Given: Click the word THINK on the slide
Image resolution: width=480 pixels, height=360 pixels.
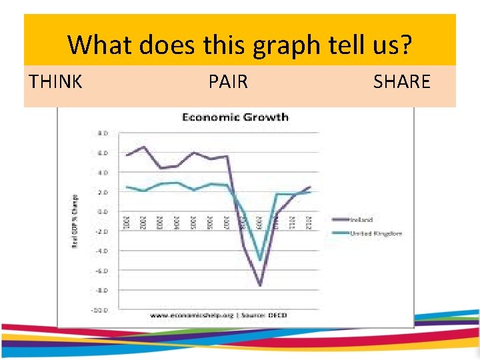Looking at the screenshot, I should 56,82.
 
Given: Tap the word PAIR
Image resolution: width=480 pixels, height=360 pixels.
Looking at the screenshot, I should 228,82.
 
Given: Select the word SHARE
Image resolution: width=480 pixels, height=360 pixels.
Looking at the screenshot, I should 402,82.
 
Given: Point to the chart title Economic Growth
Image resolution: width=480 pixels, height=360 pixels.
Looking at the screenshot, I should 235,117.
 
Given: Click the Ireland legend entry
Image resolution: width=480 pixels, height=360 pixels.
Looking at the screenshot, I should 361,219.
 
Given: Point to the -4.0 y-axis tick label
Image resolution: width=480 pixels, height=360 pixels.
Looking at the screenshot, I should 103,251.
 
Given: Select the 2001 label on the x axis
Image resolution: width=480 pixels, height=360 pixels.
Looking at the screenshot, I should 127,223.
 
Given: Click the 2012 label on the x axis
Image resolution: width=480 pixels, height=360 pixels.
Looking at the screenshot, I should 309,223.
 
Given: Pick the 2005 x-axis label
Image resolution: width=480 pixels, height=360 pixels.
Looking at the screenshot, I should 193,223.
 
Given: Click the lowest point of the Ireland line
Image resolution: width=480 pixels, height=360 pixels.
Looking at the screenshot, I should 259,285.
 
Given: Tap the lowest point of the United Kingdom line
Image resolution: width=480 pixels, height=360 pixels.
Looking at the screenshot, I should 259,260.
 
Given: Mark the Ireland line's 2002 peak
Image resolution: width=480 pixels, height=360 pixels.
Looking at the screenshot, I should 143,147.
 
